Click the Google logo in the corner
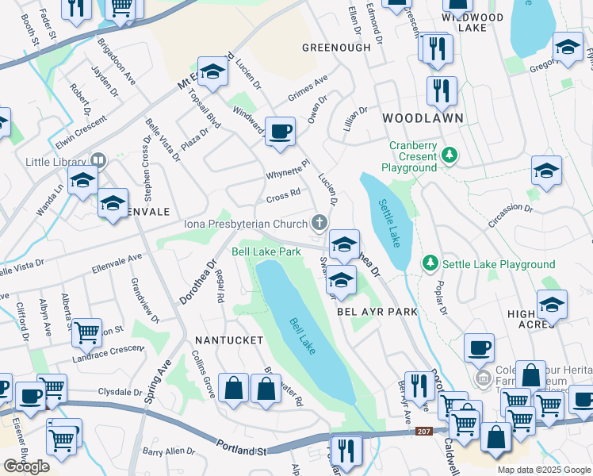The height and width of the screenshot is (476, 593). pyautogui.click(x=26, y=466)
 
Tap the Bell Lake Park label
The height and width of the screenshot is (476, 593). pyautogui.click(x=266, y=251)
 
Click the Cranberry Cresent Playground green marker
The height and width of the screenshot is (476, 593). pyautogui.click(x=450, y=154)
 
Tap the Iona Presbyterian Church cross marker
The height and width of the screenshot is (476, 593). pyautogui.click(x=319, y=222)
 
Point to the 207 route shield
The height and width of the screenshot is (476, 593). pyautogui.click(x=424, y=432)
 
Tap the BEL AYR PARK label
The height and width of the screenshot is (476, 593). pyautogui.click(x=377, y=312)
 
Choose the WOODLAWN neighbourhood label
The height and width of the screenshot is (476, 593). pyautogui.click(x=423, y=117)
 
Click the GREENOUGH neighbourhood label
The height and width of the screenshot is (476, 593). pyautogui.click(x=336, y=48)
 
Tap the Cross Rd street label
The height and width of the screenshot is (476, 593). pyautogui.click(x=284, y=193)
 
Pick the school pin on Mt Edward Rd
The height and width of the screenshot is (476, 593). pyautogui.click(x=212, y=73)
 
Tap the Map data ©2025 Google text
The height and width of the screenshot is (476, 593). pyautogui.click(x=543, y=470)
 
